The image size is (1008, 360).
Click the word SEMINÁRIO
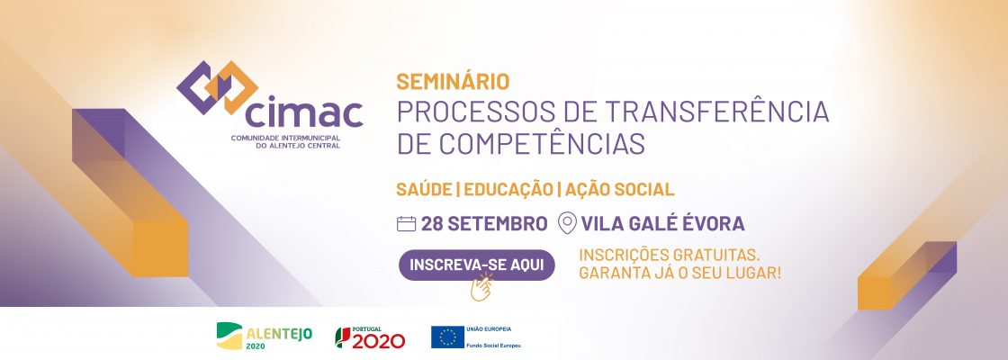pos(453,82)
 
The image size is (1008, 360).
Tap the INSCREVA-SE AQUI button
pos(476,265)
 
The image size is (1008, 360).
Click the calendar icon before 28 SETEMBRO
pos(406,223)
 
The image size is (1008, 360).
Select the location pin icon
pos(567,223)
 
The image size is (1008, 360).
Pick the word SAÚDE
pos(422,190)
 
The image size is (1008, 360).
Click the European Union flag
pos(447,337)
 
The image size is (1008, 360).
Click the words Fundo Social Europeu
pos(494,345)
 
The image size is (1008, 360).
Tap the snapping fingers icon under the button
pos(481,289)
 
